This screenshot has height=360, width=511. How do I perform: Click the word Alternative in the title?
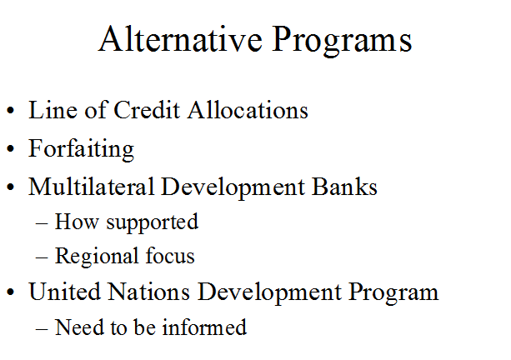click(x=180, y=38)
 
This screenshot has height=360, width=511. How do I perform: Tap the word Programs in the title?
click(x=342, y=41)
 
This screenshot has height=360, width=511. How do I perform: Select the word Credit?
click(x=147, y=110)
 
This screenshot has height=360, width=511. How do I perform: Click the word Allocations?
click(x=248, y=110)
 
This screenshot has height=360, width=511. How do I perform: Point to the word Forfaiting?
click(x=81, y=149)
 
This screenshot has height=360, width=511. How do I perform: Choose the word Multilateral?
click(x=91, y=187)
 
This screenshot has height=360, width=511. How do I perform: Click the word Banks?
click(x=344, y=187)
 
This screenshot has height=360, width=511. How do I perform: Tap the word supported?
click(x=153, y=222)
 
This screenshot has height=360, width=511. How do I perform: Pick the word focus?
click(x=170, y=256)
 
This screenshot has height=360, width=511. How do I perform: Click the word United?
click(x=64, y=292)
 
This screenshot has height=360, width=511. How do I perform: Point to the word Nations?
click(x=148, y=292)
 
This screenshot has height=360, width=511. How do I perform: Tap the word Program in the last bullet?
click(x=393, y=293)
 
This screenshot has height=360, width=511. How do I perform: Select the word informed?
click(x=204, y=327)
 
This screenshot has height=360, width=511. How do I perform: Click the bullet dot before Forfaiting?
click(x=11, y=149)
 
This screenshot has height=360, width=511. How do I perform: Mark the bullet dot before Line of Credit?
click(x=11, y=111)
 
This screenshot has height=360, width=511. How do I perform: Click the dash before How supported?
click(x=42, y=224)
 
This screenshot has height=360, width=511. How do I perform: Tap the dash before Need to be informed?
click(x=42, y=329)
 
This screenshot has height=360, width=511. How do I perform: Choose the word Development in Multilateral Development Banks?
click(x=233, y=188)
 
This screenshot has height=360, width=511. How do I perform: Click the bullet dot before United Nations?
click(x=11, y=292)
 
